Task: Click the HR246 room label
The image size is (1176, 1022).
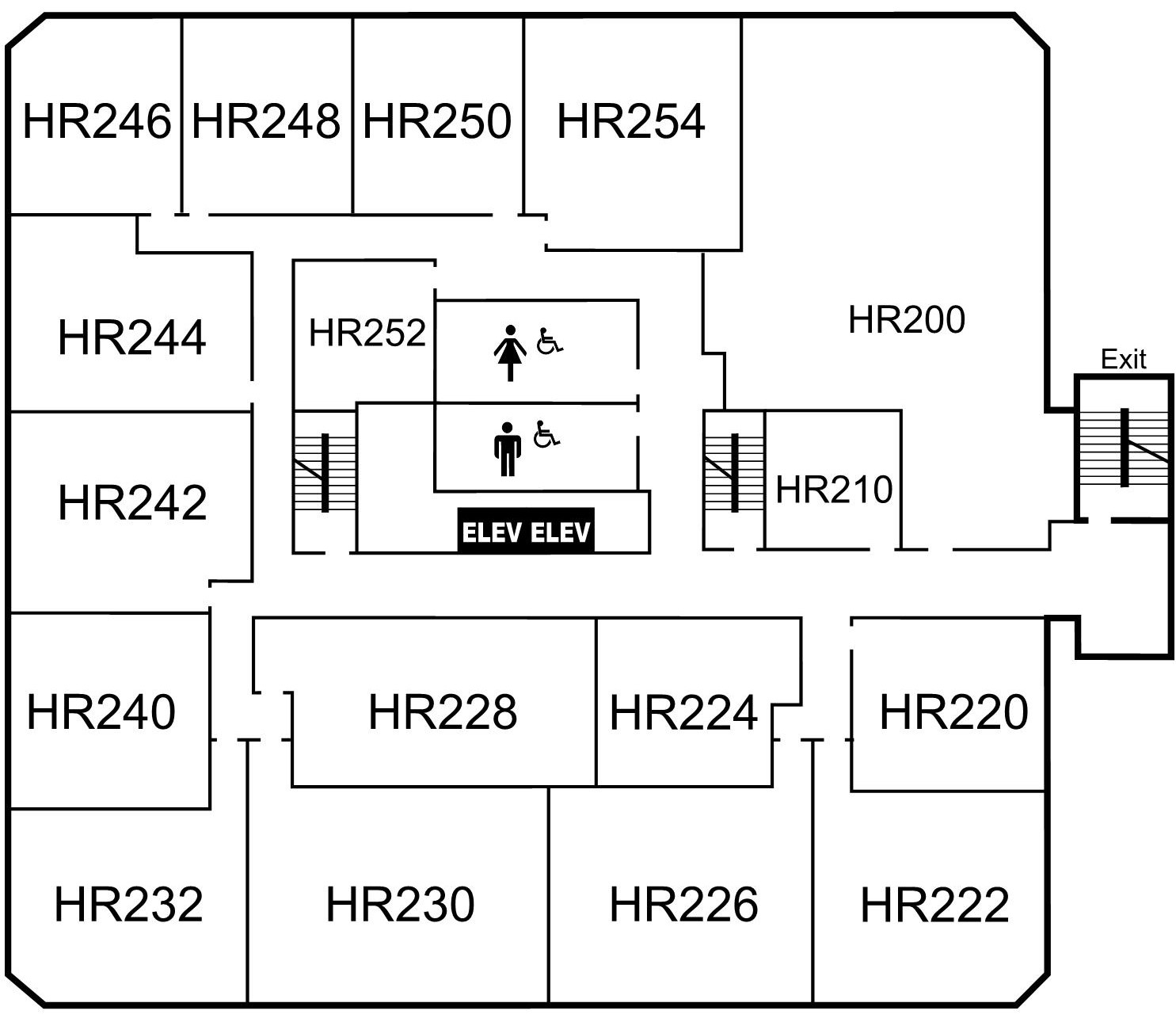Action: pos(97,121)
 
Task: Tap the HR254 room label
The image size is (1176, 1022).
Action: pos(630,121)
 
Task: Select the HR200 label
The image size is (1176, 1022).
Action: pos(906,320)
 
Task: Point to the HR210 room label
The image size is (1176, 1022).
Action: pos(833,489)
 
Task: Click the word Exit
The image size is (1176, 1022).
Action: pos(1123,360)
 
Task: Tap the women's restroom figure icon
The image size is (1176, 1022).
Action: pos(510,353)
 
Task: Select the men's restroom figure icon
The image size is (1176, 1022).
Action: pos(507,449)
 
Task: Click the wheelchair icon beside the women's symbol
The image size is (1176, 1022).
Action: pos(550,341)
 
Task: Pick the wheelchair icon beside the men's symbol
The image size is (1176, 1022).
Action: pos(546,434)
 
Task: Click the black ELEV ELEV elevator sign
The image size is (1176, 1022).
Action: pos(526,531)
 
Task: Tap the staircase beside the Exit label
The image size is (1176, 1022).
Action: pos(1123,448)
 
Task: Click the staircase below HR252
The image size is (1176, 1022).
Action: pos(323,472)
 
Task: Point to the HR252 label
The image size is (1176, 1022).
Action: pos(367,333)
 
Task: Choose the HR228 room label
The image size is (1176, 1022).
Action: pos(442,711)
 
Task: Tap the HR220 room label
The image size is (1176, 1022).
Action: pos(953,711)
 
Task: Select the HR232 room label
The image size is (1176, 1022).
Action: pos(128,904)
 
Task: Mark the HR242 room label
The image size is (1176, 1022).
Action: pos(132,501)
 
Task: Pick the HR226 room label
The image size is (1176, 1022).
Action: pos(683,904)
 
